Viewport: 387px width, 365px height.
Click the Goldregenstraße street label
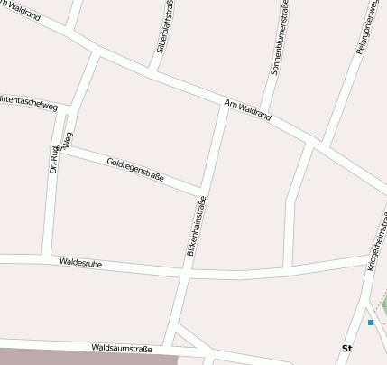pyautogui.click(x=135, y=170)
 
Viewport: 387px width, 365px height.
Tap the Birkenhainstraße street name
pyautogui.click(x=197, y=226)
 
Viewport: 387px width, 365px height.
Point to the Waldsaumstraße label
pyautogui.click(x=122, y=347)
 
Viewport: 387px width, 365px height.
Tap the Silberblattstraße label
pyautogui.click(x=165, y=27)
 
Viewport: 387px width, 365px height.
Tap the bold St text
pyautogui.click(x=346, y=348)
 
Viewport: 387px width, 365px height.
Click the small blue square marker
pyautogui.click(x=370, y=322)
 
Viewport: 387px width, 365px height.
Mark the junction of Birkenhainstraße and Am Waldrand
pyautogui.click(x=224, y=105)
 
